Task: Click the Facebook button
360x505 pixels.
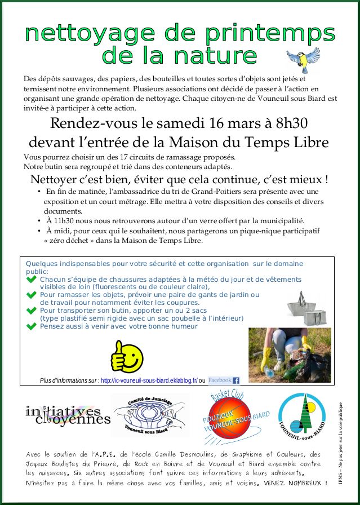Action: click(x=224, y=380)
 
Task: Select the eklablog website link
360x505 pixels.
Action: click(x=149, y=381)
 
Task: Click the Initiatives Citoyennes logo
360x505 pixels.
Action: click(x=68, y=415)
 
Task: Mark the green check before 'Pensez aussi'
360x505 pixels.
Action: click(x=32, y=326)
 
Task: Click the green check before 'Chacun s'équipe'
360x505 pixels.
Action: click(x=32, y=279)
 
